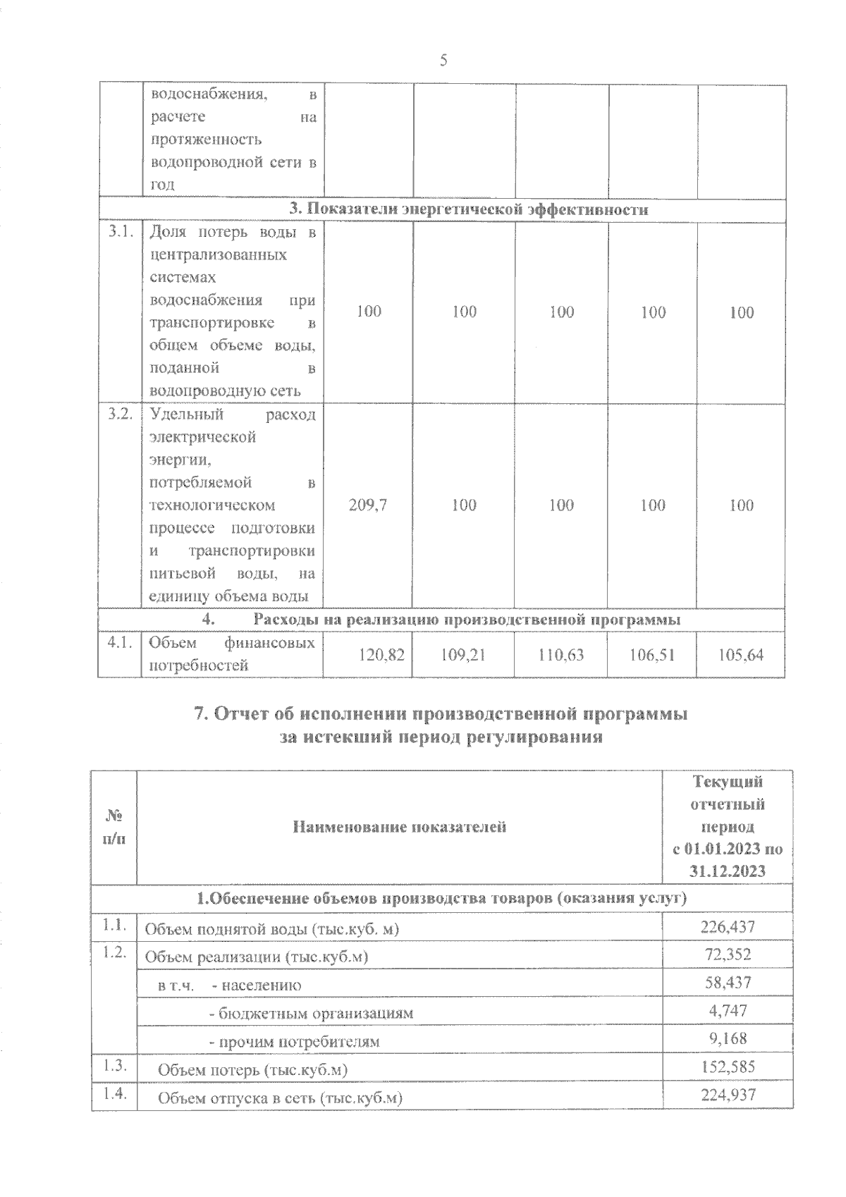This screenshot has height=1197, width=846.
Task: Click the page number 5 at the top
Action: pyautogui.click(x=443, y=61)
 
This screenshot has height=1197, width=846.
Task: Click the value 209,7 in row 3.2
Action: pyautogui.click(x=368, y=505)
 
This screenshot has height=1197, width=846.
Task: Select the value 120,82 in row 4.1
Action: pyautogui.click(x=381, y=655)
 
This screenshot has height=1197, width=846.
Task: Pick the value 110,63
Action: pyautogui.click(x=561, y=655)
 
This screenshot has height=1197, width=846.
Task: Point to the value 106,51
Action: pyautogui.click(x=652, y=655)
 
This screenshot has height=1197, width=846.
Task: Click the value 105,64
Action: pyautogui.click(x=741, y=655)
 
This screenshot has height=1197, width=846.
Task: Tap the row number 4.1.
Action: pyautogui.click(x=120, y=642)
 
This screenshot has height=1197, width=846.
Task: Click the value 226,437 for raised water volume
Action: pyautogui.click(x=728, y=926)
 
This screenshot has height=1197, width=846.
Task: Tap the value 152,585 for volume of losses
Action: pyautogui.click(x=728, y=1067)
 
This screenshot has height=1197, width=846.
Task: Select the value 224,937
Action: pyautogui.click(x=728, y=1095)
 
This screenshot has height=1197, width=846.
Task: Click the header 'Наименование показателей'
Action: pyautogui.click(x=400, y=827)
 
